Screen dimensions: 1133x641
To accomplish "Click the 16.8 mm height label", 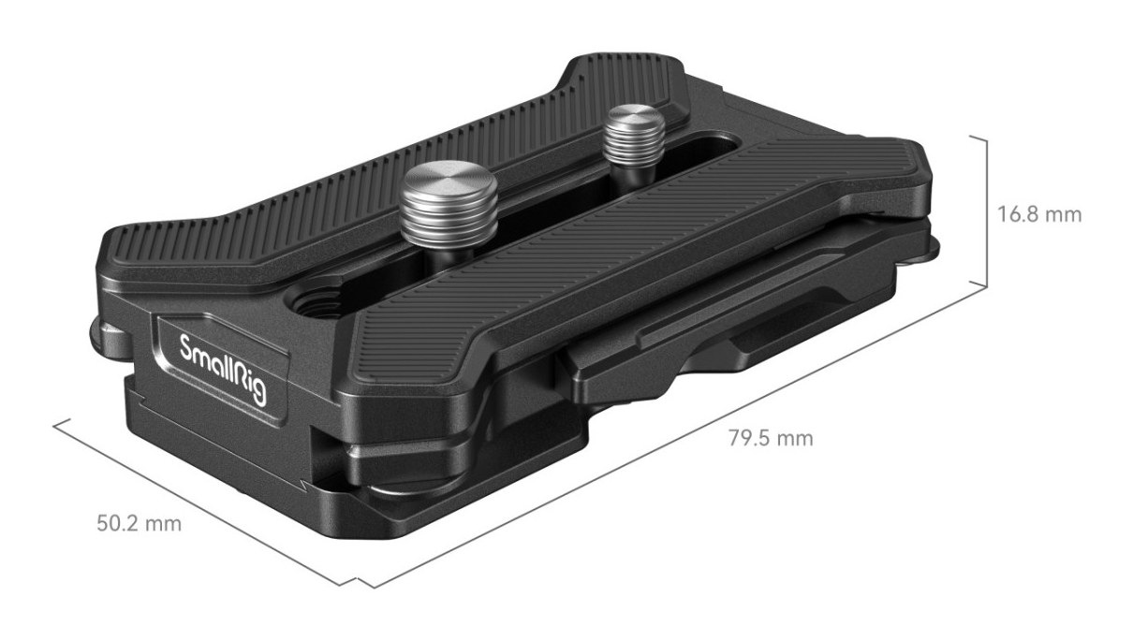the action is coord(1039,215).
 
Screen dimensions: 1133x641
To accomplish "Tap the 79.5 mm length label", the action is coord(771,438).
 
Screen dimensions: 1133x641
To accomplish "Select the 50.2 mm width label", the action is coord(140,524).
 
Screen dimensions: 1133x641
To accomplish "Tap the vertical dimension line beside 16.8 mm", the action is coord(986,212).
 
